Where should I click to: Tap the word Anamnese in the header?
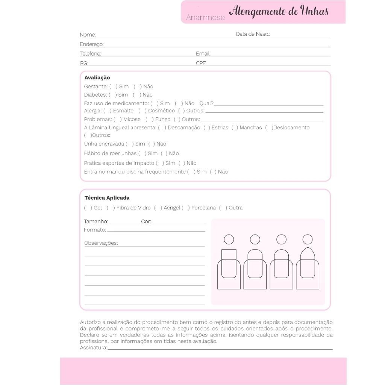(205, 18)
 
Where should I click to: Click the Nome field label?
(88, 35)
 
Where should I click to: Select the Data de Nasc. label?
(253, 34)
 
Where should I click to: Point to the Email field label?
(203, 54)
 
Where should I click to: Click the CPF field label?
(201, 63)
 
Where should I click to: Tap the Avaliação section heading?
(97, 77)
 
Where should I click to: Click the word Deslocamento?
(291, 127)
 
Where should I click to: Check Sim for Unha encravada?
(130, 144)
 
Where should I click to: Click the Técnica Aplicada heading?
(107, 198)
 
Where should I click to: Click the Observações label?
(101, 243)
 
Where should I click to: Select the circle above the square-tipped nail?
(229, 239)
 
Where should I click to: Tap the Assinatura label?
(93, 347)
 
